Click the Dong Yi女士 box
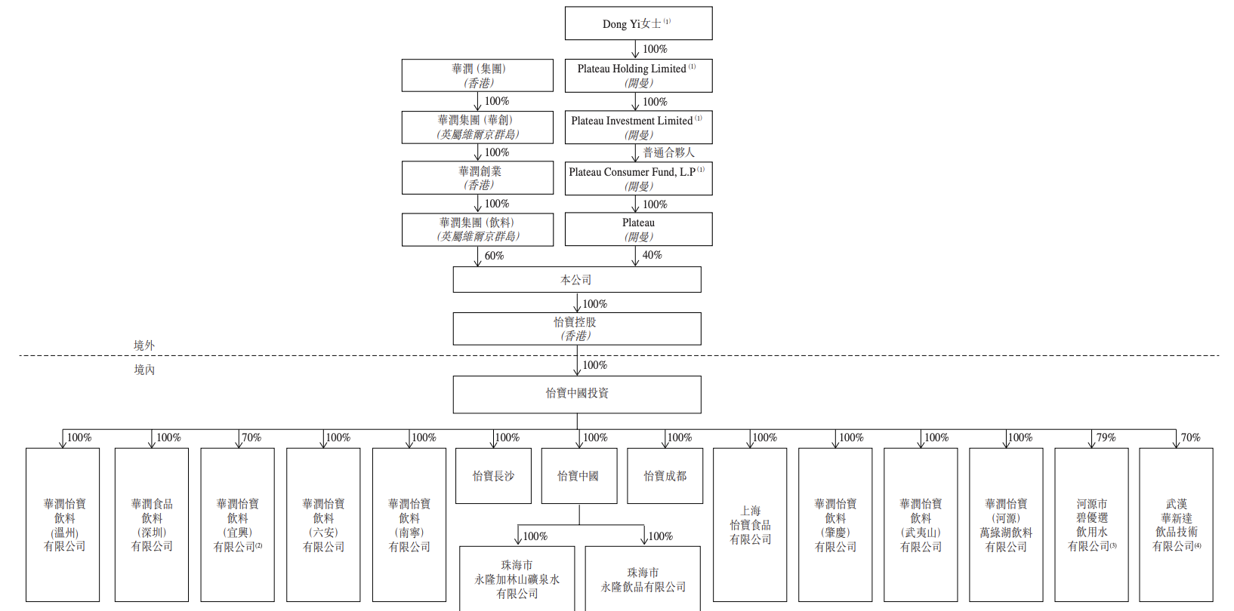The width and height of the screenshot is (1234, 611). coord(638,23)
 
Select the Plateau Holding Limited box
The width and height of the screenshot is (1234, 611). coord(638,75)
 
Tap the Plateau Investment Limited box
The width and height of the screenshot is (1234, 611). coord(638,127)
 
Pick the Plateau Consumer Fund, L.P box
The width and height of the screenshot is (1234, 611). coord(638,178)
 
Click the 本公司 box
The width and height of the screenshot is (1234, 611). coord(577,280)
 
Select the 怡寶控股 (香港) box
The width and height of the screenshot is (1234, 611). coord(577,329)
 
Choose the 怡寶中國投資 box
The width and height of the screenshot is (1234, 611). coord(577,395)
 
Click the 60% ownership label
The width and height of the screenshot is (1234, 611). coord(494,256)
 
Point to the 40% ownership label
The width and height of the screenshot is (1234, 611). coord(652,255)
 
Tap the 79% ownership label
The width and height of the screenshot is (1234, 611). coord(1106,437)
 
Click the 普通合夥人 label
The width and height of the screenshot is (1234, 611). coord(669,152)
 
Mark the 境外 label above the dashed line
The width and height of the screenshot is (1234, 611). coord(144,345)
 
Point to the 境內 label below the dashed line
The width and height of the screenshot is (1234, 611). coord(144,370)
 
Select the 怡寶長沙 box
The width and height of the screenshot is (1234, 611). coord(494,475)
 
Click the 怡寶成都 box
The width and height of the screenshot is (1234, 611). coord(665,475)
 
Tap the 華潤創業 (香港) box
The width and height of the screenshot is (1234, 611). coord(477,178)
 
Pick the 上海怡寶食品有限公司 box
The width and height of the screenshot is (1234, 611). coord(750,524)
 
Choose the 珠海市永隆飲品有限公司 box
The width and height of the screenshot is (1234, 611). coord(643,579)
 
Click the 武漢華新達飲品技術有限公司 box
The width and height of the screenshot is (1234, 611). coord(1176,524)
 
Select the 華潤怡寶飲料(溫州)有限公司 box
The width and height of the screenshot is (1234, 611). coord(63,524)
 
